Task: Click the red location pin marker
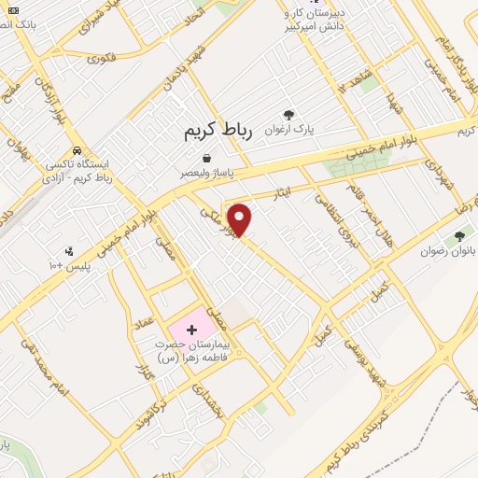tap(240, 219)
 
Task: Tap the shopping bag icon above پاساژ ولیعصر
tap(205, 158)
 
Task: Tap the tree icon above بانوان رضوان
tap(458, 236)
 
